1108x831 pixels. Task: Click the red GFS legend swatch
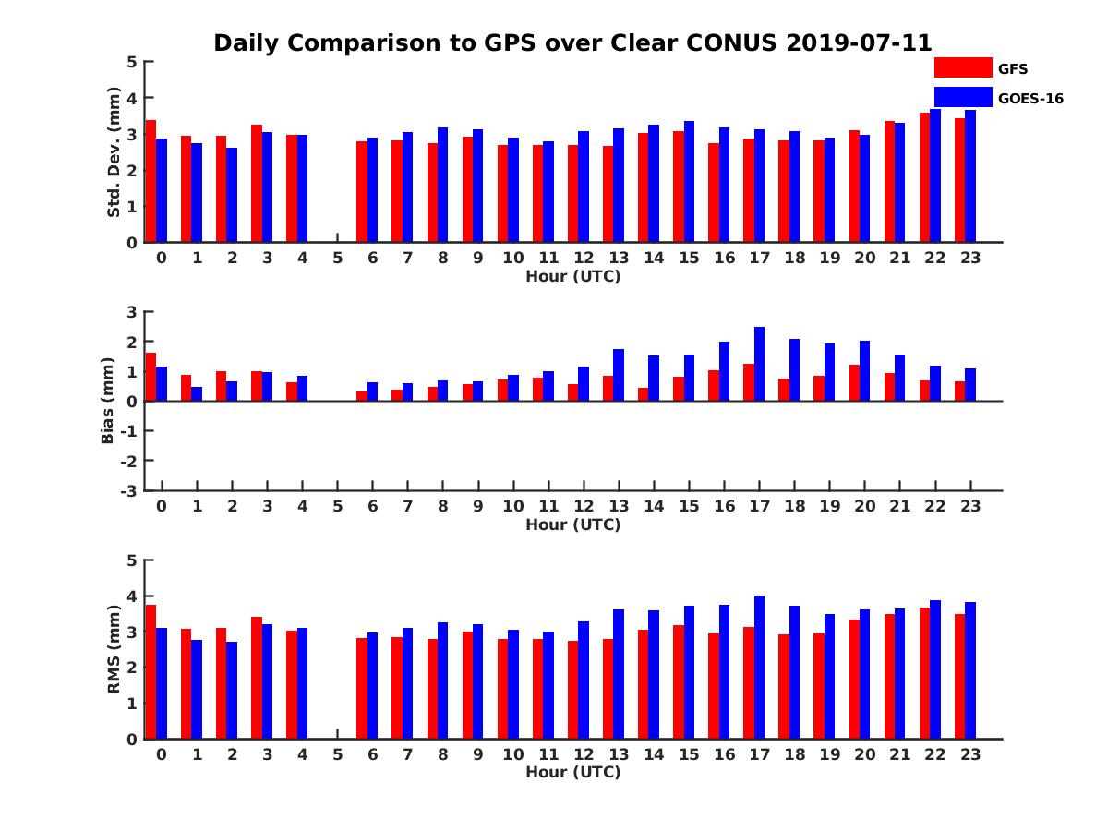pos(962,67)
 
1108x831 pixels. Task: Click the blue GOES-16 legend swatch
pos(962,97)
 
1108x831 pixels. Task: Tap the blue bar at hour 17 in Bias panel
pos(759,364)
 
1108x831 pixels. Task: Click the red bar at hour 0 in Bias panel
pos(151,377)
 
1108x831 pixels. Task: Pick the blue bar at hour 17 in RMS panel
pos(759,667)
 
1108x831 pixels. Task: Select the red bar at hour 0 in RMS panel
pos(151,671)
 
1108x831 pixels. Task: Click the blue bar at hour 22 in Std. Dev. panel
pos(935,175)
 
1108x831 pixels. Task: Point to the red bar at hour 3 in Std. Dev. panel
pos(257,183)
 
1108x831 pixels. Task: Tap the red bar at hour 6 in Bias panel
pos(362,396)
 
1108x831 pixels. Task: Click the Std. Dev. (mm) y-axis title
pos(114,152)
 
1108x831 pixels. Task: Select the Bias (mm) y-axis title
pos(108,402)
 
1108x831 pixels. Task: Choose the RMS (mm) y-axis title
pos(114,650)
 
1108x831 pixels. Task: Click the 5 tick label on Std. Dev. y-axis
pos(132,62)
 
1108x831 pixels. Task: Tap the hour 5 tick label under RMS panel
pos(337,754)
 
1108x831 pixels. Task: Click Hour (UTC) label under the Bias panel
pos(572,524)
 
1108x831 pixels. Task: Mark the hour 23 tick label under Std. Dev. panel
pos(969,258)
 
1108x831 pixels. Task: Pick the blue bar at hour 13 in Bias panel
pos(619,375)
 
